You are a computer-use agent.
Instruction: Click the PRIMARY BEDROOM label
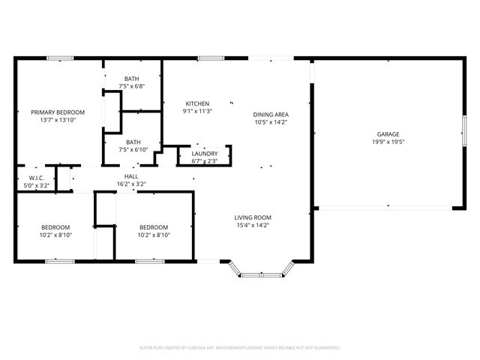coord(58,112)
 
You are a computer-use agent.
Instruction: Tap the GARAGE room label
coord(387,134)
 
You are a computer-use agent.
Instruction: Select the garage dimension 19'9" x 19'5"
coord(387,142)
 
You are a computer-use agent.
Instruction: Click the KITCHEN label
coord(197,103)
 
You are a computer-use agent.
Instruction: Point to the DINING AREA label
coord(271,114)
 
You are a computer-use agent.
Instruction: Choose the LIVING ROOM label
coord(252,217)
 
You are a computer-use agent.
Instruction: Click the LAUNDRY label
coord(205,153)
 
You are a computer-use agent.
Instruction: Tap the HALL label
coord(130,176)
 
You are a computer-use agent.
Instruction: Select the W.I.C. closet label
coord(37,178)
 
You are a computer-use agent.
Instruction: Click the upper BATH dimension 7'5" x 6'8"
coord(132,86)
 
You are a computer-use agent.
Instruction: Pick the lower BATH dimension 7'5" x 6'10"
coord(133,149)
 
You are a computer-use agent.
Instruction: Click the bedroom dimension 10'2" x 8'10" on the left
coord(55,235)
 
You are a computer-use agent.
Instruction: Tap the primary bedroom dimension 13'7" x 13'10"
coord(58,119)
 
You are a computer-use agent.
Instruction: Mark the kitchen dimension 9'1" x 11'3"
coord(197,111)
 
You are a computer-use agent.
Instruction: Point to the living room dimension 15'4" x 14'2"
coord(252,224)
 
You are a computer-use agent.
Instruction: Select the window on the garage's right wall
coord(464,134)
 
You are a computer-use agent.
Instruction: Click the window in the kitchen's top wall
coord(211,58)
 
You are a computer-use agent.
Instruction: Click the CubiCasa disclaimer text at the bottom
coord(240,347)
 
